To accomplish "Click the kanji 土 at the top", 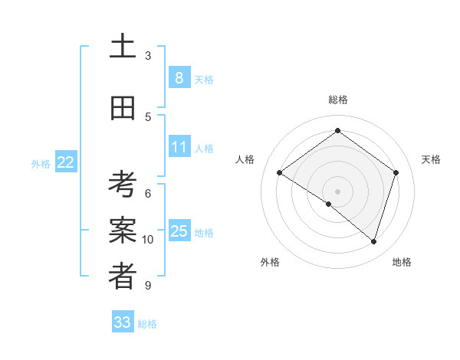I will [x=123, y=47].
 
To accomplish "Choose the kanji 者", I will [x=123, y=277].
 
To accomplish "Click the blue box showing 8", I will [x=179, y=77].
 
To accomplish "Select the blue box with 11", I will [x=179, y=147].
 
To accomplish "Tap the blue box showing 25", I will [x=179, y=231].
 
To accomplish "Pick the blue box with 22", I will [x=66, y=162].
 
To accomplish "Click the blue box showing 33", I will [x=123, y=322].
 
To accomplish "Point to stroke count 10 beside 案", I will [x=148, y=240].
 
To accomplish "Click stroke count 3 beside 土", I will [x=148, y=56].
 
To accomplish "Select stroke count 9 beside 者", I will [x=148, y=286].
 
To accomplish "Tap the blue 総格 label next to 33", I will [x=147, y=324].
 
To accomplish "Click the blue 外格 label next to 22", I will [x=41, y=163].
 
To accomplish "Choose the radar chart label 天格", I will [x=431, y=159].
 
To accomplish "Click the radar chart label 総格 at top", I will [x=337, y=100].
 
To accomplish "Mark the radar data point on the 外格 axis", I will [x=329, y=204].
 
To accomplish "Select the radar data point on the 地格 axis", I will [x=373, y=242].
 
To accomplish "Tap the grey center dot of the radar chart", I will [x=337, y=191].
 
